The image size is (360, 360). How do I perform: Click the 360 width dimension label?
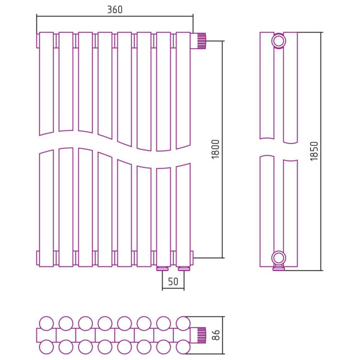(115, 10)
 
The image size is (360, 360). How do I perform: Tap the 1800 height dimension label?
(215, 149)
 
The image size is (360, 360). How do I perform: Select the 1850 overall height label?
(314, 151)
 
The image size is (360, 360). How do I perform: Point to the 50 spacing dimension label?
(173, 281)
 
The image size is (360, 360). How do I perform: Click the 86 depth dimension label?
(216, 335)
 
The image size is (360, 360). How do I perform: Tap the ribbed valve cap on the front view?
(202, 41)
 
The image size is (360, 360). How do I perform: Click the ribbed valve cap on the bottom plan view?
(202, 335)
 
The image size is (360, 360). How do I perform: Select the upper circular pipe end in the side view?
(278, 41)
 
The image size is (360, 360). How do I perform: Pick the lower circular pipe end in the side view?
(278, 258)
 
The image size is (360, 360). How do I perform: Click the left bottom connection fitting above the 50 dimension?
(163, 268)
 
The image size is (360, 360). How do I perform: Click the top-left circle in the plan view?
(46, 323)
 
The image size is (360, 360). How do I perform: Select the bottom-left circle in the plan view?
(46, 347)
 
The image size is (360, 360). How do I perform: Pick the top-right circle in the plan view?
(183, 323)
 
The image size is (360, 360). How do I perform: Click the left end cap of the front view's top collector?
(38, 41)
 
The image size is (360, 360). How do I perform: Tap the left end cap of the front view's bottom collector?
(38, 258)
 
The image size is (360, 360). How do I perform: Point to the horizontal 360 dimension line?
(115, 16)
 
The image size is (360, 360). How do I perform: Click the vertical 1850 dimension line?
(321, 151)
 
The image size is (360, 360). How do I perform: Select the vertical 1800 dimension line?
(223, 149)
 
